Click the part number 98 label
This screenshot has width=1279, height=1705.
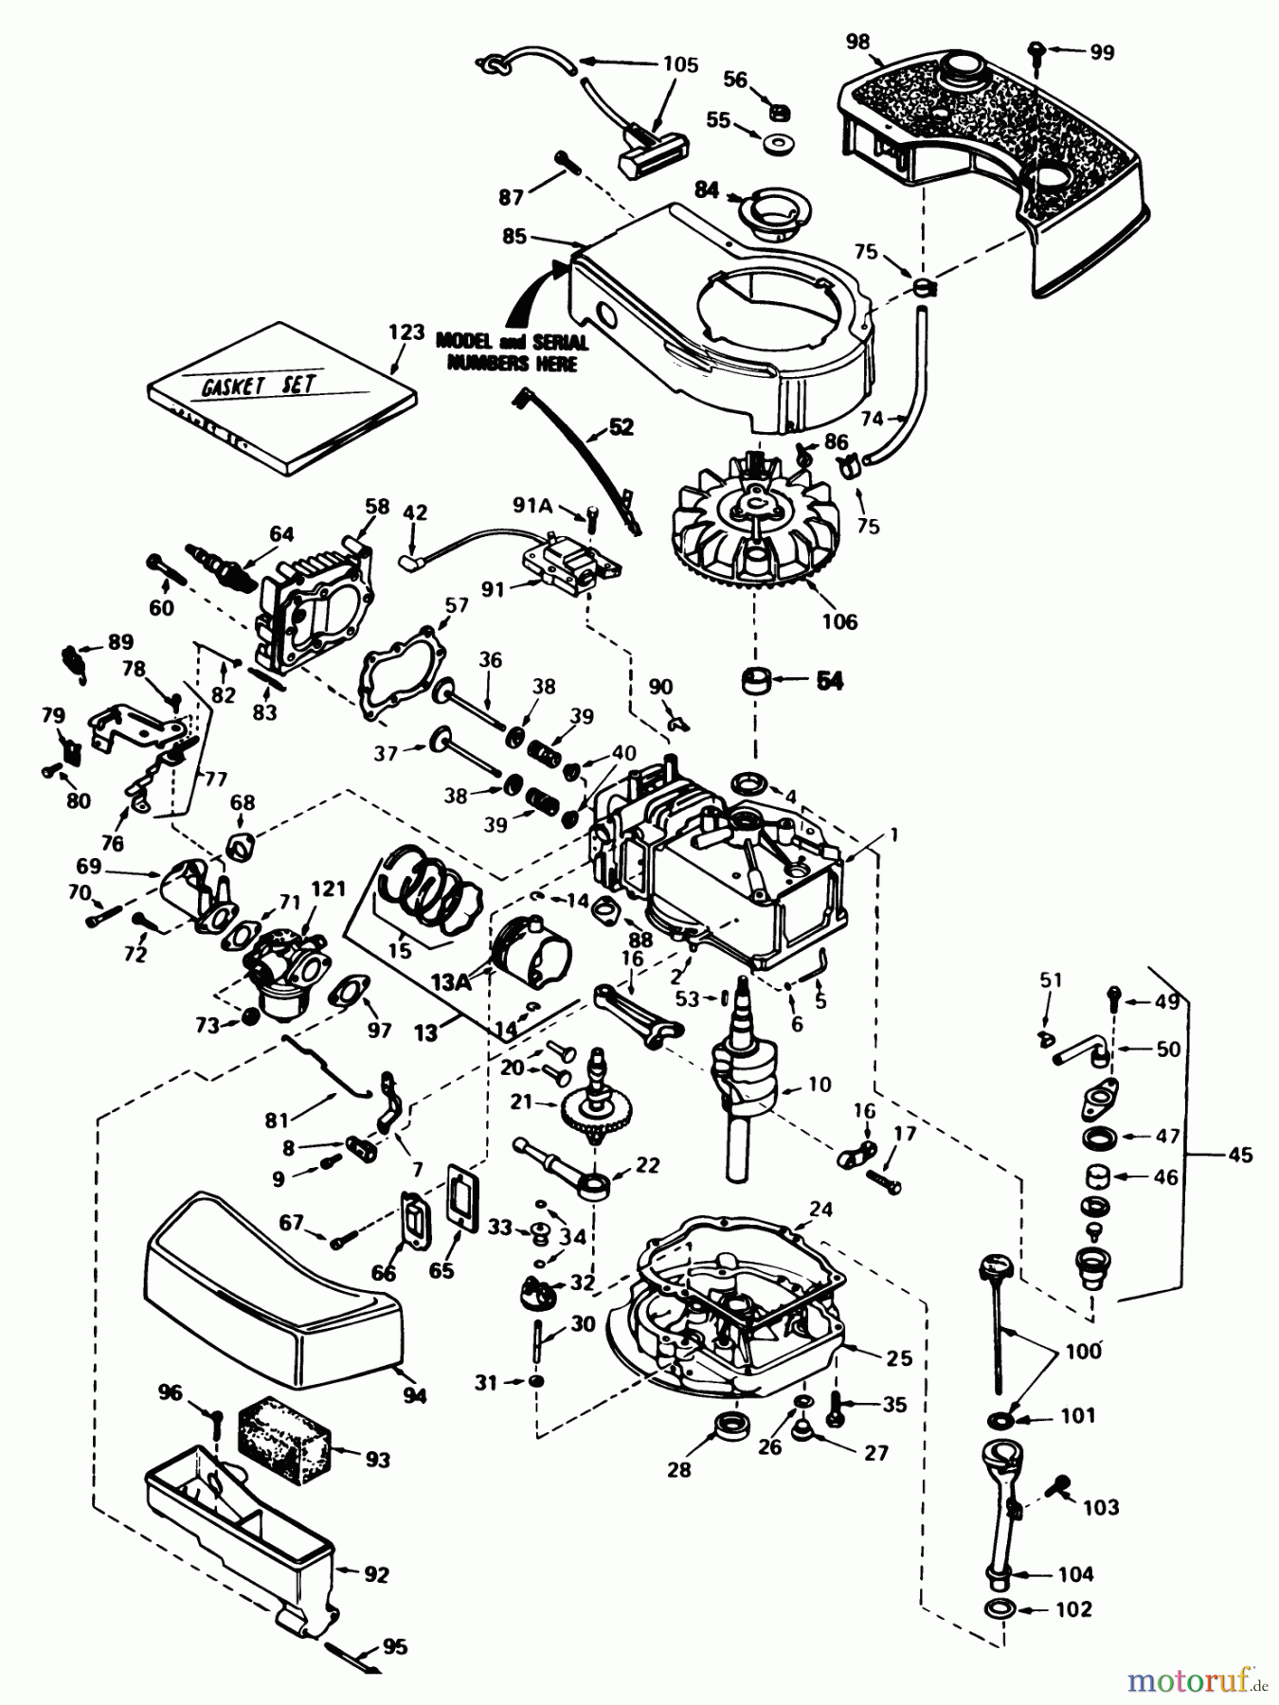[858, 42]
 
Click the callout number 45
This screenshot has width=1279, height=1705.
[1239, 1154]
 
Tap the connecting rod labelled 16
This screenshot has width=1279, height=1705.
[638, 1014]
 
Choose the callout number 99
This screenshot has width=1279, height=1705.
[1102, 52]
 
